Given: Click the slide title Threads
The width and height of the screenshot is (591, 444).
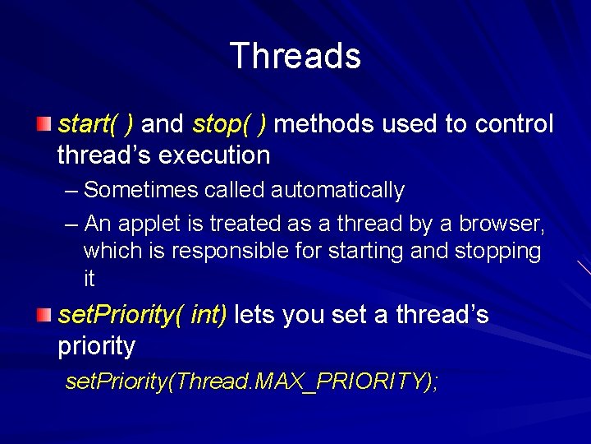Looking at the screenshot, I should coord(295,57).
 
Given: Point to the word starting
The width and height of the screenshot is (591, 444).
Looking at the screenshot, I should coord(367,251).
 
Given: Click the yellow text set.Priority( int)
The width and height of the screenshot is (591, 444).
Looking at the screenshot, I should coord(143,315).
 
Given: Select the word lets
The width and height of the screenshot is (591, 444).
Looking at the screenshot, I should coord(255,315).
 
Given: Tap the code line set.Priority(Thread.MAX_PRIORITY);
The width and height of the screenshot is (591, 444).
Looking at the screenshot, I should coord(251,382).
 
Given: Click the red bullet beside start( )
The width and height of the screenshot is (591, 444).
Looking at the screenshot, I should coord(44,124).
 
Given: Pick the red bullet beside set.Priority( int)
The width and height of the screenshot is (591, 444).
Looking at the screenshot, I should coord(44,314).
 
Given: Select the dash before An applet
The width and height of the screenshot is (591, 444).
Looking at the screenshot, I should coord(71,224).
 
